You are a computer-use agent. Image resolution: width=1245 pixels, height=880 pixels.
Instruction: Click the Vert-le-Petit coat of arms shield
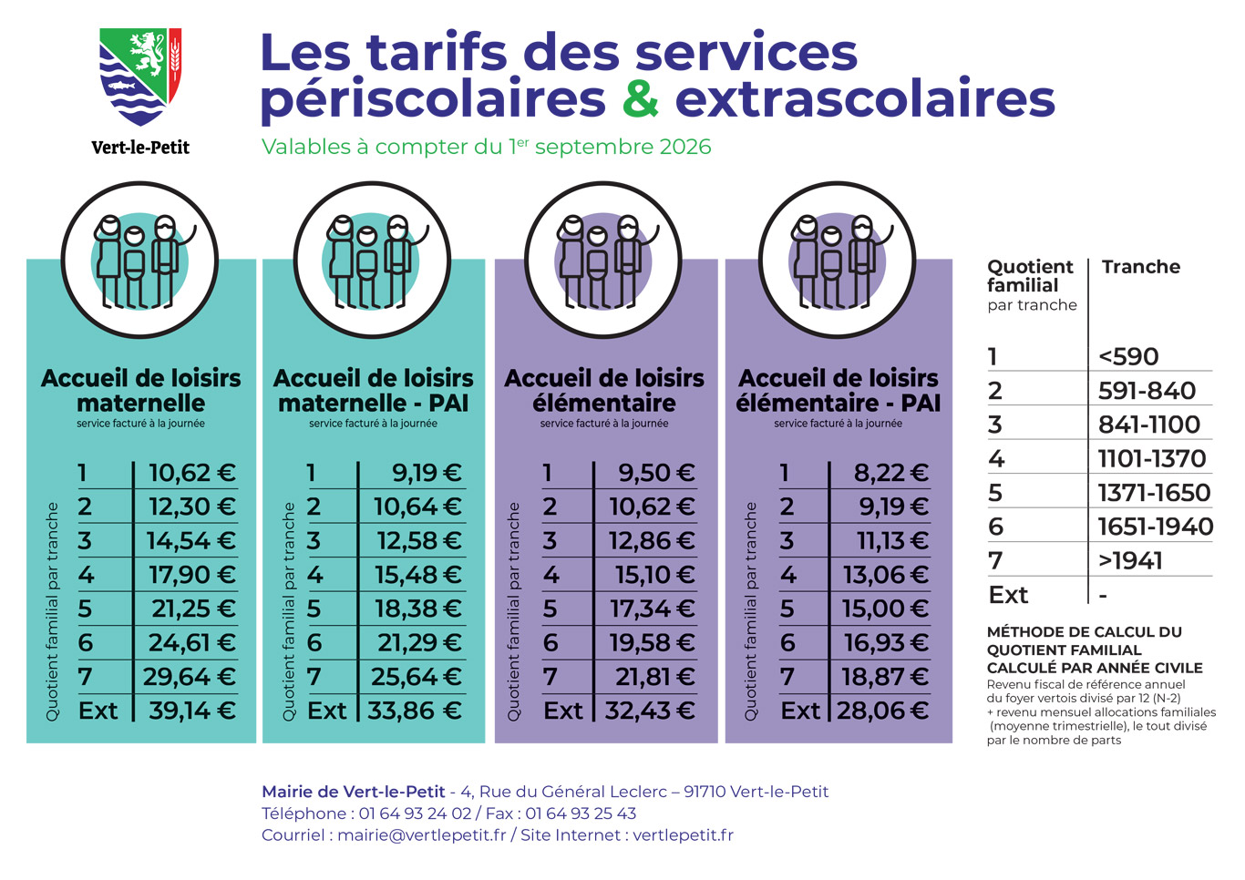coord(140,77)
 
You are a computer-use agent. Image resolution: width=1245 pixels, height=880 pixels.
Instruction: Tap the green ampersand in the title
coord(641,99)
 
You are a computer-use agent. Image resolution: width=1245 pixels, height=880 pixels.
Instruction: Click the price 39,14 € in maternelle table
coord(191,711)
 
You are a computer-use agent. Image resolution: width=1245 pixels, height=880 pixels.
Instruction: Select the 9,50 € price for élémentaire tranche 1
coord(656,473)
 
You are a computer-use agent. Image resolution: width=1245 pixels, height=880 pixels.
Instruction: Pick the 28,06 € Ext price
coord(882,711)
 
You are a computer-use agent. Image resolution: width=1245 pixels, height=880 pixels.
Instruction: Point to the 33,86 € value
coord(414,711)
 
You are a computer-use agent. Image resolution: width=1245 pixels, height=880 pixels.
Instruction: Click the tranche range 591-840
coord(1147,391)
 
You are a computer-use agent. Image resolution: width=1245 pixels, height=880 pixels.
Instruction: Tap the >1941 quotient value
coord(1130,560)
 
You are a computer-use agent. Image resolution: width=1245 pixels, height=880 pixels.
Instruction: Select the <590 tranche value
coord(1128,357)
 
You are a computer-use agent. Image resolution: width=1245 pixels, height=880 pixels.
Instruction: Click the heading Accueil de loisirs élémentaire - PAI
coord(839,391)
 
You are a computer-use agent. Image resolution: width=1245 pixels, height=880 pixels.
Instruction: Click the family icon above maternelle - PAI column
coord(373,260)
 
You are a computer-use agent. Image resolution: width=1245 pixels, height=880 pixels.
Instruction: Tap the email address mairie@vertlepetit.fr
coord(422,835)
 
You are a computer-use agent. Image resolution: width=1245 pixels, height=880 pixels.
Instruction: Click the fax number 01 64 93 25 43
coord(581,813)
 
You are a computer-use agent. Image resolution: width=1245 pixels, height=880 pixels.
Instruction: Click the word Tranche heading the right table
coord(1141,267)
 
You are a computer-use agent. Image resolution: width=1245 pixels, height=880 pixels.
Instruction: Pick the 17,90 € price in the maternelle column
coord(191,575)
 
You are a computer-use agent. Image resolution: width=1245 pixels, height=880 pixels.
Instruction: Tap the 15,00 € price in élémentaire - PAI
coord(885,609)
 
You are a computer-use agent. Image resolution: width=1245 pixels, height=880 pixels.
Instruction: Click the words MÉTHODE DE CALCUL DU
coord(1084,631)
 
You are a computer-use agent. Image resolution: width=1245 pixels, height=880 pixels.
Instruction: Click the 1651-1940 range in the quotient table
coord(1156,527)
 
